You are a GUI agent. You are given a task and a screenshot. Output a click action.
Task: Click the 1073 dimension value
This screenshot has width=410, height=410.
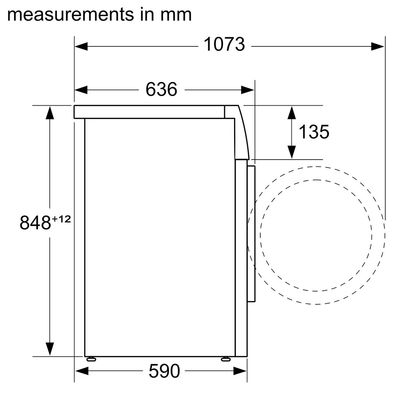click(224, 45)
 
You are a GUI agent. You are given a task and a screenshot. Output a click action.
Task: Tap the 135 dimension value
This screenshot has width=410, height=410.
click(313, 132)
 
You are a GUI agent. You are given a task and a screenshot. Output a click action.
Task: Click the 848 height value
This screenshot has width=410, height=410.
click(35, 223)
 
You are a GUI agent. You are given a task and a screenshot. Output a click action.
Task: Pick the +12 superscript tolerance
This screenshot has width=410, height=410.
click(61, 219)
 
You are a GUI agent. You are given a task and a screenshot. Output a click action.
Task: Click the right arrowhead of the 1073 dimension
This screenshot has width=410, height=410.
click(378, 46)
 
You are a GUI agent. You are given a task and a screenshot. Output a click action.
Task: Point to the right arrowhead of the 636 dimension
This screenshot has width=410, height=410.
click(247, 90)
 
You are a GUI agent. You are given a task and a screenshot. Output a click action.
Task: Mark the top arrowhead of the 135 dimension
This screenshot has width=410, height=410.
click(291, 112)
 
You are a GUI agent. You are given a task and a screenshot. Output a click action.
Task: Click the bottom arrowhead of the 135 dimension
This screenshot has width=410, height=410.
click(291, 152)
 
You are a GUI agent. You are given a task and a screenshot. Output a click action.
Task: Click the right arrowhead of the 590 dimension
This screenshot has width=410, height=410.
click(241, 370)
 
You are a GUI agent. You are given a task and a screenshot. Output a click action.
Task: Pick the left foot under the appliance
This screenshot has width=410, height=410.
click(91, 359)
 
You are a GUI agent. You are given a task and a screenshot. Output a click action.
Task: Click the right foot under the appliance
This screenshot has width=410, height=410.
click(226, 359)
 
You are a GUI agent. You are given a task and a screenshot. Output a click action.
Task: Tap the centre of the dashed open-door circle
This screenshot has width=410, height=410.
click(316, 236)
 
